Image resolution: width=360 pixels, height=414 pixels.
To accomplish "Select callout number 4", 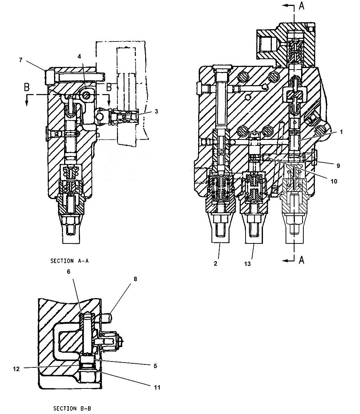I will [x=79, y=56].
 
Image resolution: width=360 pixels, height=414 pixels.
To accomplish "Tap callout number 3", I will [x=156, y=111].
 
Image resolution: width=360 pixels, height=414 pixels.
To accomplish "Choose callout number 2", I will [x=216, y=263].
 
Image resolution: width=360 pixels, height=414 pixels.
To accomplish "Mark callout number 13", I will [x=247, y=263].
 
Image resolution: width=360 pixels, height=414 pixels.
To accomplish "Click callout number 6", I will [x=69, y=272].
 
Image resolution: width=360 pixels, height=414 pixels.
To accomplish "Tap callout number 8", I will [x=135, y=279].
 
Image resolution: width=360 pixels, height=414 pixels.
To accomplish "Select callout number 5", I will [x=155, y=366].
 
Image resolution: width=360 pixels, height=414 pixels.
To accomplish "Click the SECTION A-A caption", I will [x=69, y=260].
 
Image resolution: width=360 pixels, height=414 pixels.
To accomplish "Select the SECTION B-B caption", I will [x=72, y=408].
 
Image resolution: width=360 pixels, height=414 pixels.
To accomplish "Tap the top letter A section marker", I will [x=302, y=6].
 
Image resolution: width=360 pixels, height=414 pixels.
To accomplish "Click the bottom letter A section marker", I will [x=302, y=260].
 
